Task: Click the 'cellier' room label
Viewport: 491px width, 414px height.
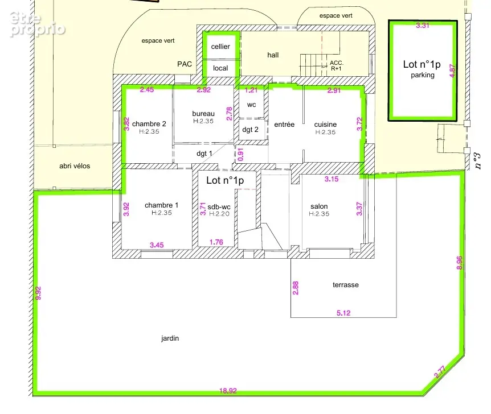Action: [x=220, y=47]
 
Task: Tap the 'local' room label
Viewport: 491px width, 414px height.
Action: [x=220, y=68]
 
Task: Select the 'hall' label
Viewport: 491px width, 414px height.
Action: [x=273, y=55]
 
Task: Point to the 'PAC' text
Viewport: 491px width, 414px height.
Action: [x=185, y=64]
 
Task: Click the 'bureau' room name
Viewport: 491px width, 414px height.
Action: [x=203, y=114]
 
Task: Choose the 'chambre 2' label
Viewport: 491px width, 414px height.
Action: [x=149, y=124]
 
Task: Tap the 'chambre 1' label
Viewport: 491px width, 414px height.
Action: [x=162, y=205]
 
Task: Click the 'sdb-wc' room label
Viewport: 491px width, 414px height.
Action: [x=219, y=206]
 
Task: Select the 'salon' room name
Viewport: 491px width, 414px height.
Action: [x=319, y=206]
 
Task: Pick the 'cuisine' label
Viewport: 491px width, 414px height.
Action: [x=325, y=125]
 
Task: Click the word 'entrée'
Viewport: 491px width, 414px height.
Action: [x=284, y=125]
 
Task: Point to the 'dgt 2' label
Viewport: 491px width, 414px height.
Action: [x=250, y=130]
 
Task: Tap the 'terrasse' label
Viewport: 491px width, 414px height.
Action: [x=346, y=285]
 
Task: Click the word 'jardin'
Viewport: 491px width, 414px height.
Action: [x=170, y=338]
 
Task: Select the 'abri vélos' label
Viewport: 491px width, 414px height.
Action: [x=75, y=166]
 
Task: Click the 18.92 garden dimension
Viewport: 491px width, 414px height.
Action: [x=228, y=391]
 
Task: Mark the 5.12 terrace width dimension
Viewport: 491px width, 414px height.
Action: [x=343, y=313]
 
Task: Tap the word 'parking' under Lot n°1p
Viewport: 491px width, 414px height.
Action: [x=423, y=75]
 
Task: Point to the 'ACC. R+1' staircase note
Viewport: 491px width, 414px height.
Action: [x=336, y=65]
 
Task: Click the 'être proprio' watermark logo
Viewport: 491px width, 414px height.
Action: [x=37, y=24]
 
